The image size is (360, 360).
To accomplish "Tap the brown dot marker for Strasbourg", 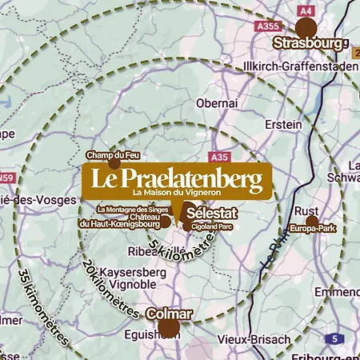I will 306,26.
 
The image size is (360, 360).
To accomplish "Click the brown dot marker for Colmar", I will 168,327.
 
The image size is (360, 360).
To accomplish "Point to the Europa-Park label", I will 311,229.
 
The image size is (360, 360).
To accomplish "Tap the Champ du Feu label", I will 114,154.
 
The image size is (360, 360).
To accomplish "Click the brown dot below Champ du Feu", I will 114,163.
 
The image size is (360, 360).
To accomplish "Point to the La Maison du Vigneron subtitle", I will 175,194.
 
